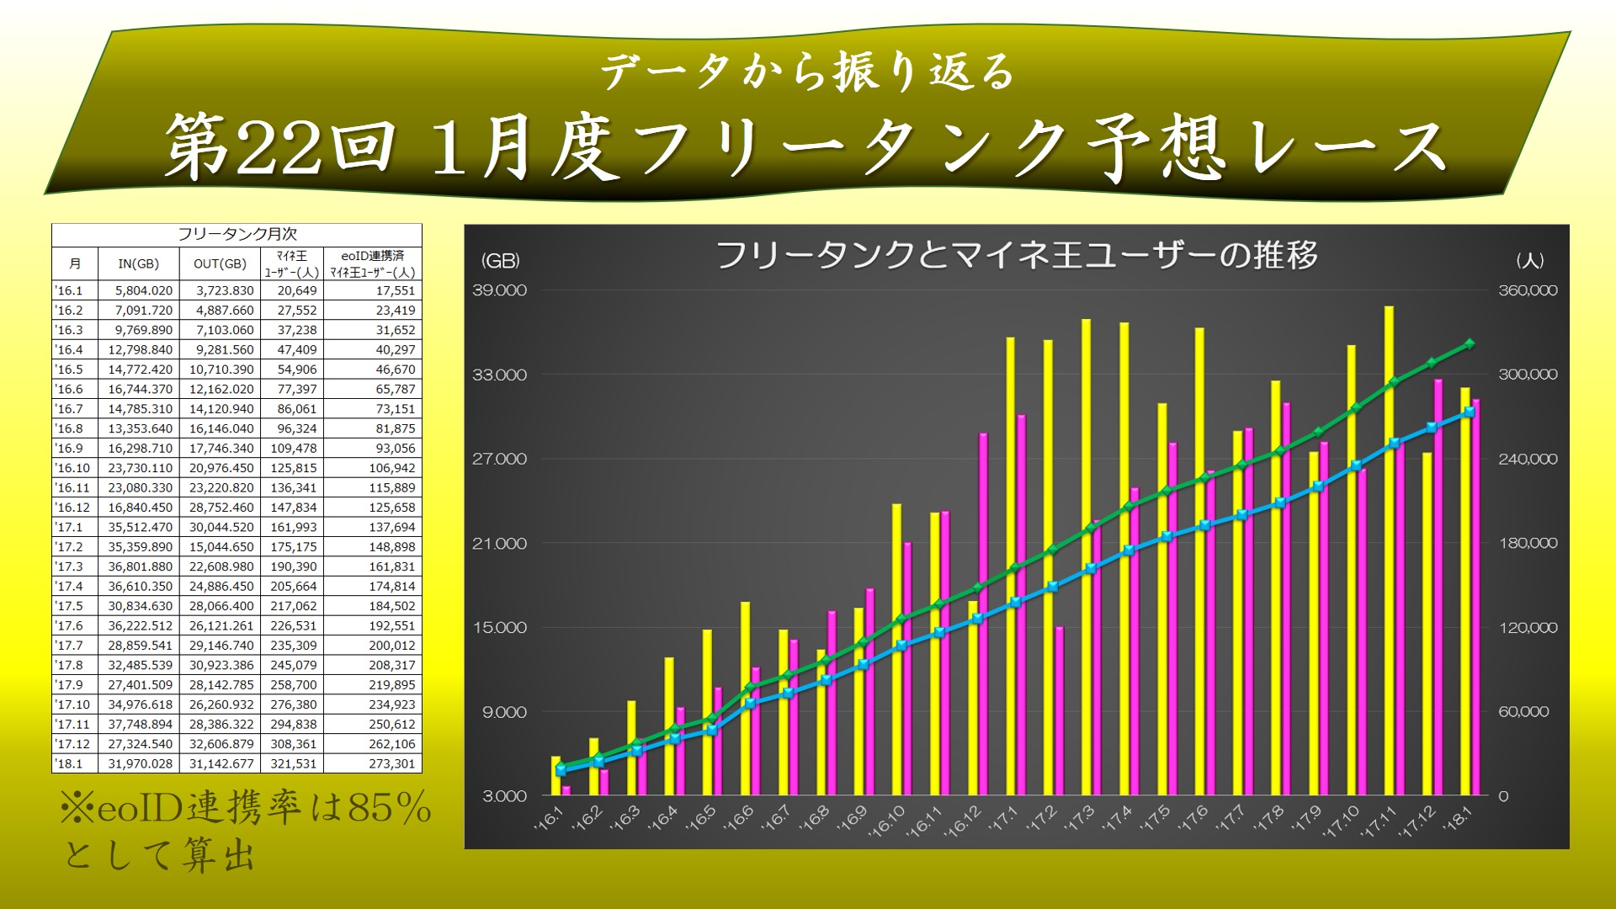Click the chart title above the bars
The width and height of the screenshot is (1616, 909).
tap(1016, 254)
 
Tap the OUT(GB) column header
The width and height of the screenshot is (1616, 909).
tap(220, 264)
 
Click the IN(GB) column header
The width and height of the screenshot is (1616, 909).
tap(138, 264)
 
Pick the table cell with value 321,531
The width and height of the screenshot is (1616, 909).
tap(294, 764)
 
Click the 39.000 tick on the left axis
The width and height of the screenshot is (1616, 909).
tap(499, 290)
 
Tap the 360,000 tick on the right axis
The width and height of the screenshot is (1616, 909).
tap(1528, 290)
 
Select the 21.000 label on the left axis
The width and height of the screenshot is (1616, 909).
tap(499, 544)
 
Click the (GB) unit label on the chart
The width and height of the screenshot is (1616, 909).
tap(500, 261)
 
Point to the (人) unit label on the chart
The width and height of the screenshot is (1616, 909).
tap(1529, 261)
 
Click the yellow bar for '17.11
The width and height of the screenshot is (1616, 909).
tap(1389, 547)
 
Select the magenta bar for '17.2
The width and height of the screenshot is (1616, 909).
tap(1060, 711)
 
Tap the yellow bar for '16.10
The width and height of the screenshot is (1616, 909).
tap(896, 648)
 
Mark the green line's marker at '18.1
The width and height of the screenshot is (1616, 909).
tap(1470, 343)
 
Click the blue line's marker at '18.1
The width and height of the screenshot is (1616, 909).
tap(1470, 412)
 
